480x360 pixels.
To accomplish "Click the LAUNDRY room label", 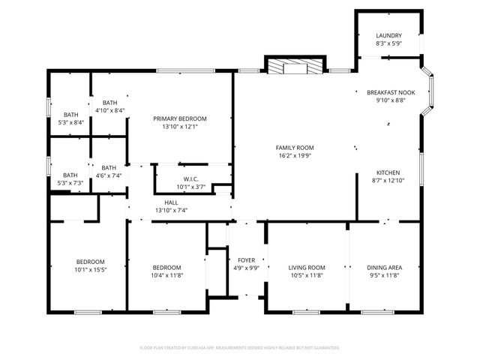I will [x=388, y=35].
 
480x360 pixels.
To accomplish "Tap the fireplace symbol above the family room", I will [x=295, y=67].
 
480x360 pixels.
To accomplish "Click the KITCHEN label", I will [x=388, y=172].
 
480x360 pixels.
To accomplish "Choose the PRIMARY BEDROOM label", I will [x=180, y=118].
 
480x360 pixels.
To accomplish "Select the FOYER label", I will [x=247, y=259].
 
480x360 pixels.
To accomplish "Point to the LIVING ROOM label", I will [x=307, y=267].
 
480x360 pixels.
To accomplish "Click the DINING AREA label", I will [x=384, y=267].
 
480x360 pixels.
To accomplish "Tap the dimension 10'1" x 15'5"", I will [x=89, y=269].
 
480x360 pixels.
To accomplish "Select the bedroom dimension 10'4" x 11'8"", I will [x=166, y=275].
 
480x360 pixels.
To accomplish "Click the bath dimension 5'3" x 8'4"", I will [x=70, y=122].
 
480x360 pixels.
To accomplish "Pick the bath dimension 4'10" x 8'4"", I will [x=109, y=110].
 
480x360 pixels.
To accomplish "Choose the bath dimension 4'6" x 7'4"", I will [x=109, y=175].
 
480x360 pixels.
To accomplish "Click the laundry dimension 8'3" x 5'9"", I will [x=388, y=43].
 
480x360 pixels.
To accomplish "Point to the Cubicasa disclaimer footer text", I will [x=240, y=348].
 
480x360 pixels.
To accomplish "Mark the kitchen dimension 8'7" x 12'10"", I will [x=388, y=180].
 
